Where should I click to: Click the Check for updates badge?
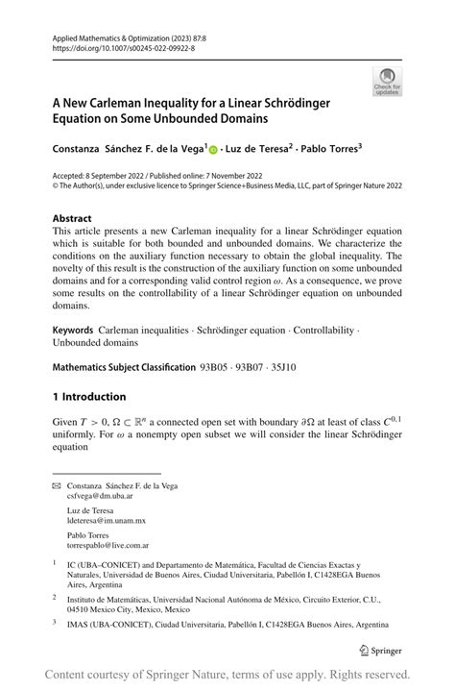pyautogui.click(x=388, y=83)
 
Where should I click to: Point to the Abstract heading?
pyautogui.click(x=72, y=218)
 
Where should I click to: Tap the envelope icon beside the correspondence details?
pyautogui.click(x=56, y=487)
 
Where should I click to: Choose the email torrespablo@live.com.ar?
pyautogui.click(x=108, y=545)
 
